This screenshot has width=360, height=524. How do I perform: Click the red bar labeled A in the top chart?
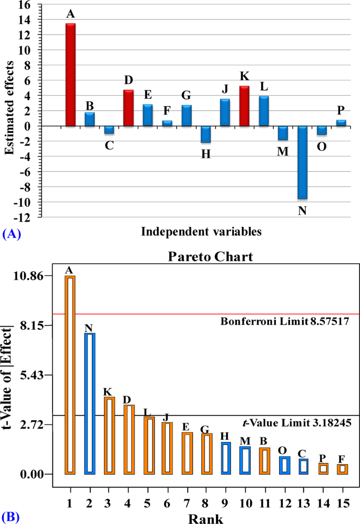[x=70, y=75]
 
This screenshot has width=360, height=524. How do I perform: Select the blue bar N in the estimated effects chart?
[x=303, y=162]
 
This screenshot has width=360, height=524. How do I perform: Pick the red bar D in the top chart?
[x=128, y=108]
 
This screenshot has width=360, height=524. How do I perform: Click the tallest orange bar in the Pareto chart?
[x=70, y=375]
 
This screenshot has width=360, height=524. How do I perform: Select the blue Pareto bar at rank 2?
[x=89, y=403]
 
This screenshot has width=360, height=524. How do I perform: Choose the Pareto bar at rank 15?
[x=342, y=469]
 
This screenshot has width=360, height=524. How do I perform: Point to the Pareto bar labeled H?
[x=225, y=458]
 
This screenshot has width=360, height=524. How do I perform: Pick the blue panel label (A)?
[x=11, y=235]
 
